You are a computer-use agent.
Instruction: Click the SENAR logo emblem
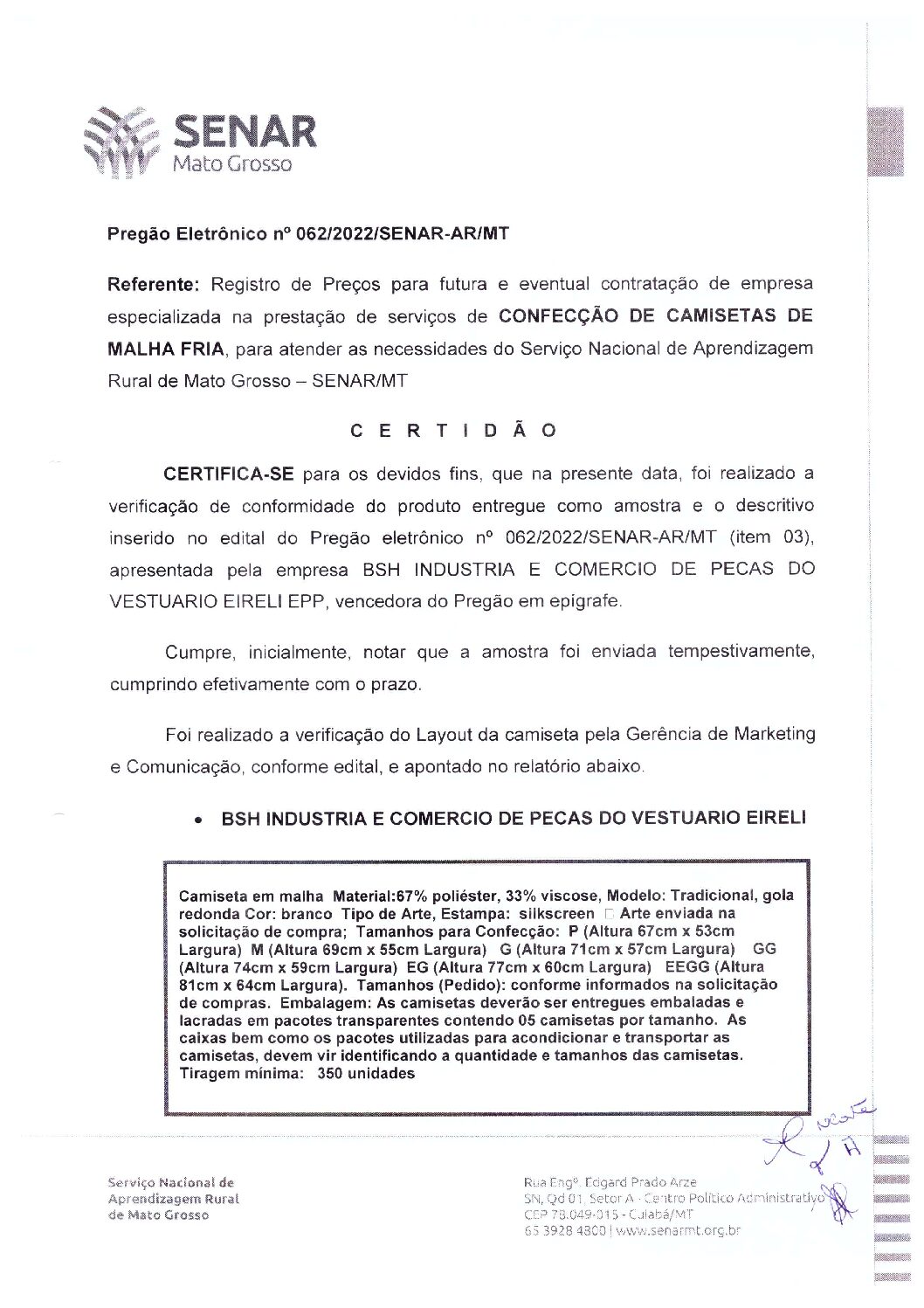tap(121, 142)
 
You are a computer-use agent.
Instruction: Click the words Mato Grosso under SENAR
tap(232, 164)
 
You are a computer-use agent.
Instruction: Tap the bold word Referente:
tap(154, 284)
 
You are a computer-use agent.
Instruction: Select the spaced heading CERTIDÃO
tap(453, 431)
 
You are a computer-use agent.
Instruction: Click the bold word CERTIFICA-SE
tap(228, 474)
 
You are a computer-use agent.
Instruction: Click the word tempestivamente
tap(741, 652)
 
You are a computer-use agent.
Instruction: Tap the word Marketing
tap(774, 734)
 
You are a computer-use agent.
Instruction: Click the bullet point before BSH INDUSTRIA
tap(200, 821)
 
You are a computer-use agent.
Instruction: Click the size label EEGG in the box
tap(687, 967)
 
